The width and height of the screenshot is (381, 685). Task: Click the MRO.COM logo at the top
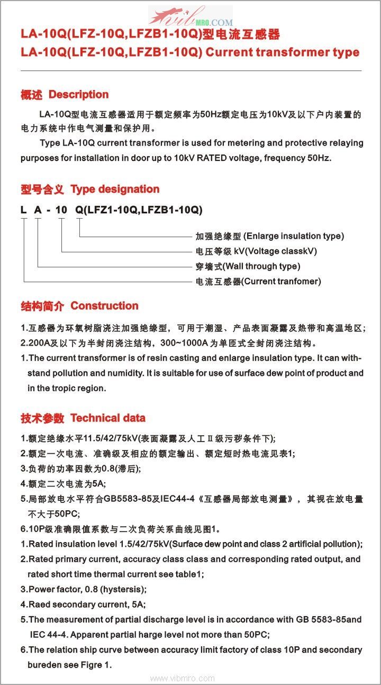tap(190, 18)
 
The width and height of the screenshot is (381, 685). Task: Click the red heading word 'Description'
tap(78, 95)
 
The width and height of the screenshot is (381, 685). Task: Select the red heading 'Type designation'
tap(115, 189)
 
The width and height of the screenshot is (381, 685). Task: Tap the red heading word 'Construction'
tap(104, 305)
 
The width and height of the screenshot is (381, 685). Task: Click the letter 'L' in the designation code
tap(23, 210)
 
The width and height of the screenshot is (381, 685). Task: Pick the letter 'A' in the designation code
tap(38, 210)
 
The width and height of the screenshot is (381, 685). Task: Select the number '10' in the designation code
tap(61, 210)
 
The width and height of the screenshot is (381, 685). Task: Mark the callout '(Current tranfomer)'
tap(281, 282)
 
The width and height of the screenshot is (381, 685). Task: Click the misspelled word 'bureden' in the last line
tap(43, 665)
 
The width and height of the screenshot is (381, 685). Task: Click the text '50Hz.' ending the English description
tap(319, 158)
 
